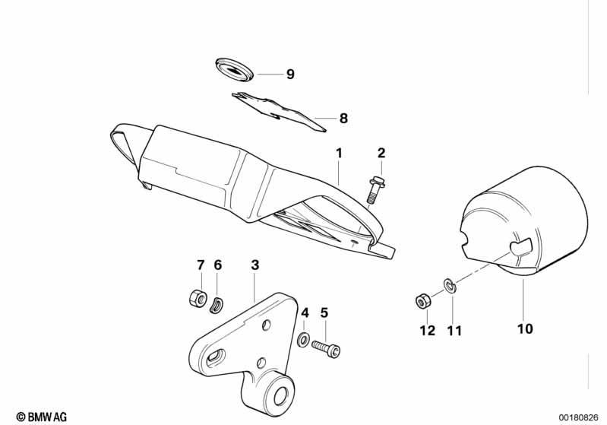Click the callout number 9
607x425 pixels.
click(x=290, y=74)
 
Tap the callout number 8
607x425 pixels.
click(x=343, y=118)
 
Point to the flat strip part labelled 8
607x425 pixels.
click(x=278, y=112)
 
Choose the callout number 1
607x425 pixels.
click(x=339, y=154)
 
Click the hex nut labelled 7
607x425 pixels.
click(x=197, y=298)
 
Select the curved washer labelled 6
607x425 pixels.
click(x=217, y=303)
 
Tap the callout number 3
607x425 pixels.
click(x=254, y=265)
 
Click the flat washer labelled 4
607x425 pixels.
click(x=303, y=340)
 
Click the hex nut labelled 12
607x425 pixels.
click(x=422, y=300)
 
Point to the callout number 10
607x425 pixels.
click(x=525, y=329)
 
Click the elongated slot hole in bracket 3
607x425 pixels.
click(x=216, y=356)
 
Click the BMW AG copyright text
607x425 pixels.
click(x=42, y=417)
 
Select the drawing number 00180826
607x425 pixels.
click(x=578, y=417)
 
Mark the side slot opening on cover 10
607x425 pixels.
click(x=521, y=247)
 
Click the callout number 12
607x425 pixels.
click(x=428, y=331)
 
